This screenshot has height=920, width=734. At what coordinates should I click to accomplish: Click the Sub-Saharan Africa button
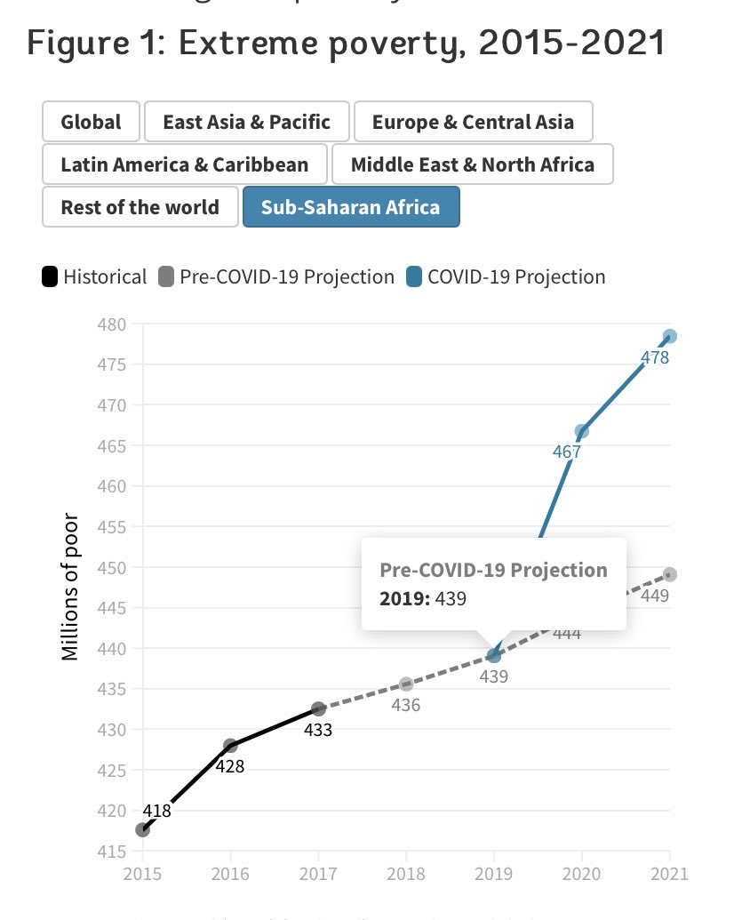(x=350, y=207)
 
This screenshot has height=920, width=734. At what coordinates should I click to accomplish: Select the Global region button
(x=90, y=122)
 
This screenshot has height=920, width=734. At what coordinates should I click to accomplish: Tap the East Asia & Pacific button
(x=246, y=122)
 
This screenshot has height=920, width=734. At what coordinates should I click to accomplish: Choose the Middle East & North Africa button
(x=472, y=164)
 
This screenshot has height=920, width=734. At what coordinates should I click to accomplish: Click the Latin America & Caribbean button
(x=184, y=164)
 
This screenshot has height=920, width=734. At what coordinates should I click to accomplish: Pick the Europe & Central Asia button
(x=472, y=122)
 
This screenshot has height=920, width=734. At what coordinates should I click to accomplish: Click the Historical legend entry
(x=94, y=276)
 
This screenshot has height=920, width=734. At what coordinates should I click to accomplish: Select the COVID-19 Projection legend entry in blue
(x=507, y=276)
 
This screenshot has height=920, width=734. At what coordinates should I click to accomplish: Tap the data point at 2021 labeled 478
(x=670, y=336)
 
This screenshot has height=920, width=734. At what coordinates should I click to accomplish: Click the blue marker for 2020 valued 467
(x=581, y=431)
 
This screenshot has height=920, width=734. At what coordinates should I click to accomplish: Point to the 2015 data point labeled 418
(x=142, y=829)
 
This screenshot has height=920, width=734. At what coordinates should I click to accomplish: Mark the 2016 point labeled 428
(x=230, y=745)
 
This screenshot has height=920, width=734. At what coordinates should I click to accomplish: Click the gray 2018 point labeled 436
(x=406, y=684)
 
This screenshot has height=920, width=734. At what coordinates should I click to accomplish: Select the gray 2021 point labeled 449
(x=670, y=574)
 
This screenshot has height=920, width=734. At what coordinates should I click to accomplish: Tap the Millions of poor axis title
(x=71, y=587)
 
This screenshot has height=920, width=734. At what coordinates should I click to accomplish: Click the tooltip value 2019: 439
(x=423, y=598)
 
